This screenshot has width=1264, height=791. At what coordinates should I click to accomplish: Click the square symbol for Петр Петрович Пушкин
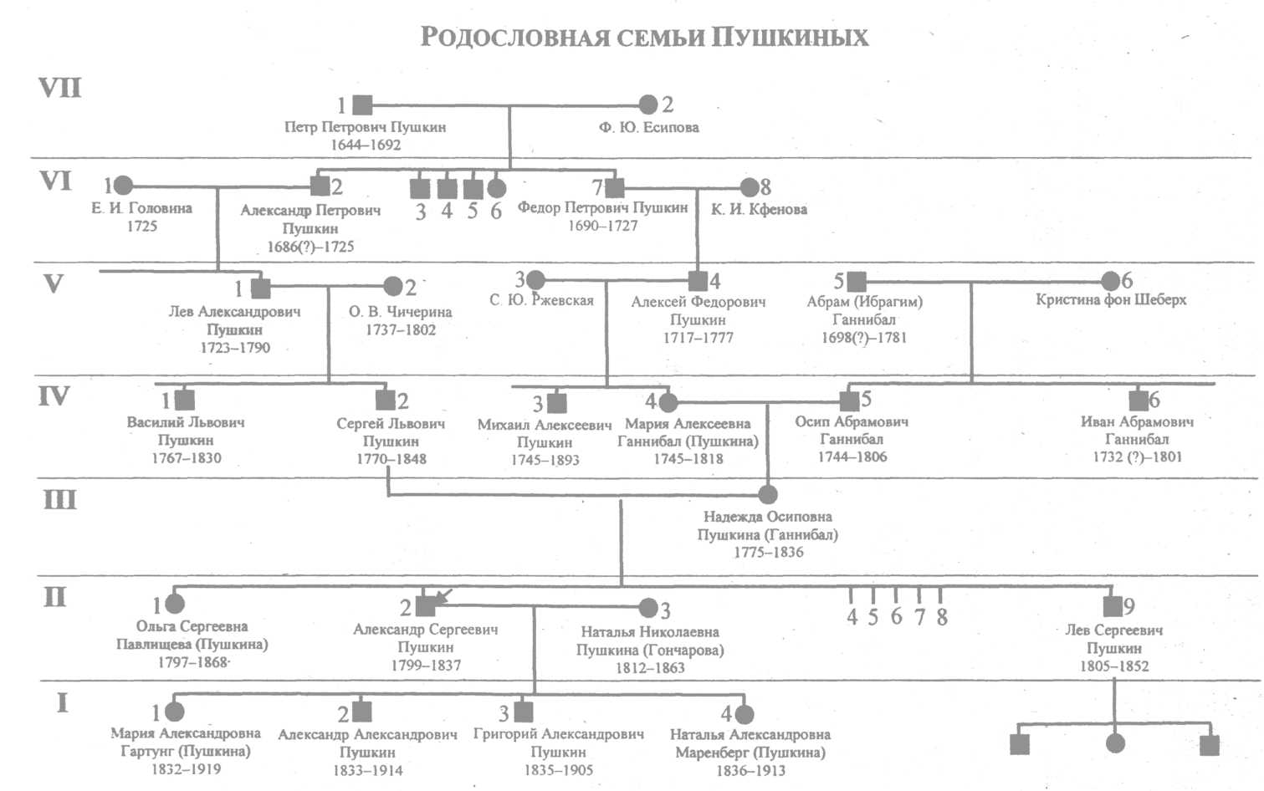point(362,105)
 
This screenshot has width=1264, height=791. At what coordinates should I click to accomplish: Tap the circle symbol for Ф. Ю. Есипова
point(648,105)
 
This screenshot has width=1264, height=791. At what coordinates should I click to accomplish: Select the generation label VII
point(60,88)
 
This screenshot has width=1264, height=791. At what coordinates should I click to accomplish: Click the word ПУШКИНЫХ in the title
point(790,38)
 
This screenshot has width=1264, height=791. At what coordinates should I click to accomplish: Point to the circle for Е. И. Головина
point(123,185)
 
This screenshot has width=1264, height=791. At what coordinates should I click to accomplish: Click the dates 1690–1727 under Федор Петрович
point(602,226)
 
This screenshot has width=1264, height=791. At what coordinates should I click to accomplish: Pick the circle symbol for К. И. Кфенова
point(750,187)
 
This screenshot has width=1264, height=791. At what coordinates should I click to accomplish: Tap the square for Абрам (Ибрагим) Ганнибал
point(857,281)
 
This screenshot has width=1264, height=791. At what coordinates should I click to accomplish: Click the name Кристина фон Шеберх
point(1111,299)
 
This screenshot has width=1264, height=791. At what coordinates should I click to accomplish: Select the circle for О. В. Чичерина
point(392,286)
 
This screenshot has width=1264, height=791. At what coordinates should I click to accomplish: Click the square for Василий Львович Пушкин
point(185,400)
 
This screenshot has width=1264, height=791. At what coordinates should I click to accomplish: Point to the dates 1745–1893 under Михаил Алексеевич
point(545,460)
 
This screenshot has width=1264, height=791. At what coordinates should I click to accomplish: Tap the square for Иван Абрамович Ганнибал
point(1139,401)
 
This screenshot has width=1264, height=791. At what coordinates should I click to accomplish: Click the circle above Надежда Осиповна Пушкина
point(767,494)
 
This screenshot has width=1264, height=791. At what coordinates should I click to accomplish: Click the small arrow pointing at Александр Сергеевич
point(444,596)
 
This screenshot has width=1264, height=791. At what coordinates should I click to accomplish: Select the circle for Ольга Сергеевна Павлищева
point(175,604)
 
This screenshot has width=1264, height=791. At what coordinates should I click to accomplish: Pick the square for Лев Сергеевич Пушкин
point(1113,606)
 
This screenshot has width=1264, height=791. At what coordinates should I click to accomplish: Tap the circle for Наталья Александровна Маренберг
point(745,714)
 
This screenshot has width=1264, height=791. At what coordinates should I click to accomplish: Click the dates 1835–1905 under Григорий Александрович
point(559,770)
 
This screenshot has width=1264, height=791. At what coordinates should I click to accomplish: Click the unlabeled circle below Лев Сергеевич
point(1115,743)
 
